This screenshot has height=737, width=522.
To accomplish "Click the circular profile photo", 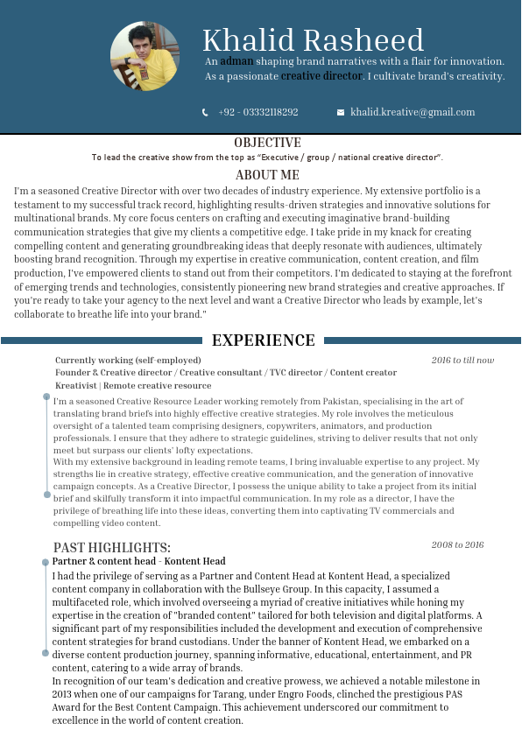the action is point(145,56).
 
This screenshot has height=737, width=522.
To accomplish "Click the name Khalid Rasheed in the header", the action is point(313,40).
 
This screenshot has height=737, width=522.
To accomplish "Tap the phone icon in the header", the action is point(205,112).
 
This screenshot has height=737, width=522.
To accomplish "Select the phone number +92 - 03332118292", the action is point(258,112).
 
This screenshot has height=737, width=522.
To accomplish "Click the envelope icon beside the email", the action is point(341,112).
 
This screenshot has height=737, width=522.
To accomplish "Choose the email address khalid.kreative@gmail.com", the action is point(413,112).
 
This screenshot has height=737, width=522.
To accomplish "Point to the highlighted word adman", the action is point(236,61).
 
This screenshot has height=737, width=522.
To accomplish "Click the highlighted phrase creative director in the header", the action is point(321,76).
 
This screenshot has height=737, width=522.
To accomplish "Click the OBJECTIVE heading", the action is point(267,143).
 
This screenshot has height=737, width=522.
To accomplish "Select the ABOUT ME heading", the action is point(267,175).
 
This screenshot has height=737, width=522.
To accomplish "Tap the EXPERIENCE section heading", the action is point(264,340).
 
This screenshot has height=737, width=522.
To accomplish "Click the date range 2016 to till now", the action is point(462,360).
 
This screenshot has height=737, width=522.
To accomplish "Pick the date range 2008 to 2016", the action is point(457,544).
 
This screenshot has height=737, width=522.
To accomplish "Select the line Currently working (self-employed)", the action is point(128,360).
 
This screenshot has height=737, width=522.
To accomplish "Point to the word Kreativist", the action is point(75,385).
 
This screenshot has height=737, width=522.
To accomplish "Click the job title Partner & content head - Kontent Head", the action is point(138,561).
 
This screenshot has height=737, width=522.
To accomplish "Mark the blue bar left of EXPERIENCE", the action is point(101,340).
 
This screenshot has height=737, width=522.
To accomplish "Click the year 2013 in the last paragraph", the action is point(63,694).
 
